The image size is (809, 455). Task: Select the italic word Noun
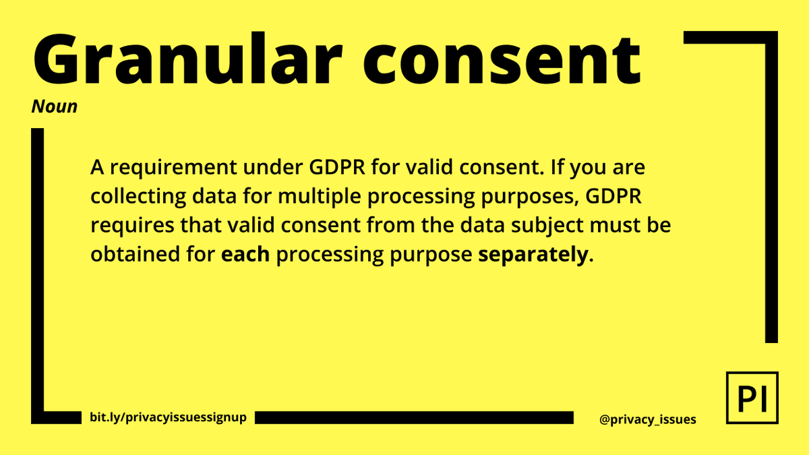tap(54, 107)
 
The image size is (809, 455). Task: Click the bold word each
tap(245, 255)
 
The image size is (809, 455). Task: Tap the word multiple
tap(321, 197)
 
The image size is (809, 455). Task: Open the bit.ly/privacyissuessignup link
tap(168, 417)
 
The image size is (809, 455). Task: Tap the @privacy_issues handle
tap(647, 419)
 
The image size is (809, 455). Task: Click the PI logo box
tap(752, 397)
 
